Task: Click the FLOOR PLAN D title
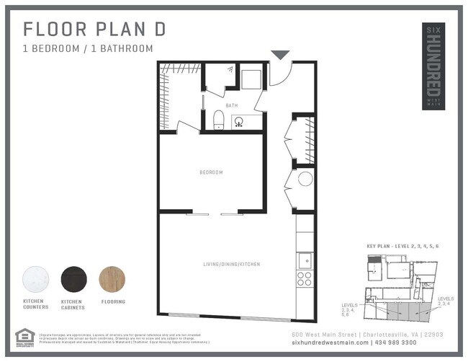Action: pyautogui.click(x=94, y=30)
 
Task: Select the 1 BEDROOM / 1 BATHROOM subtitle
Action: pyautogui.click(x=88, y=49)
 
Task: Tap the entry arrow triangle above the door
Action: pyautogui.click(x=280, y=55)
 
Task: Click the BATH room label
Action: pyautogui.click(x=231, y=105)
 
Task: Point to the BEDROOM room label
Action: pyautogui.click(x=211, y=172)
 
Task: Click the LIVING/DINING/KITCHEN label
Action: pyautogui.click(x=230, y=265)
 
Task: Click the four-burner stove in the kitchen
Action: pyautogui.click(x=305, y=278)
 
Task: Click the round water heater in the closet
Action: pyautogui.click(x=305, y=179)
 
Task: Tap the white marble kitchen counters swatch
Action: pyautogui.click(x=35, y=279)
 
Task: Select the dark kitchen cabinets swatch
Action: pyautogui.click(x=73, y=279)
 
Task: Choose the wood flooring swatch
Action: pyautogui.click(x=111, y=279)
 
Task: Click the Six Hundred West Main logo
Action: pyautogui.click(x=433, y=66)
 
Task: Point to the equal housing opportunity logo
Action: pyautogui.click(x=24, y=337)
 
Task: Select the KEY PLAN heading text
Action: pyautogui.click(x=402, y=247)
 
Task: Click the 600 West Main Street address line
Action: pyautogui.click(x=366, y=335)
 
